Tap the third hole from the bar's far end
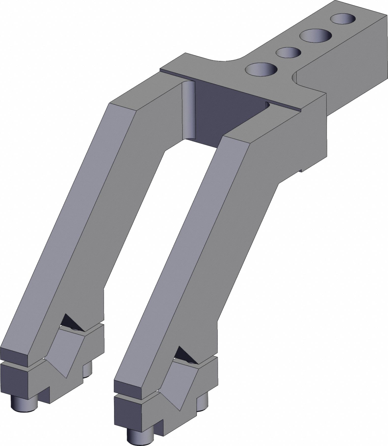point(289,52)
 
